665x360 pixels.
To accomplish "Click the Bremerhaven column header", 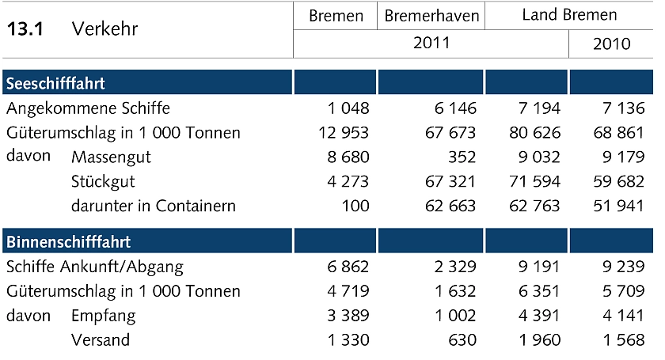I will (431, 16).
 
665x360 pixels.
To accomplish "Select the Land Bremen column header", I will (569, 16).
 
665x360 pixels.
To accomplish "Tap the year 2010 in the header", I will (611, 44).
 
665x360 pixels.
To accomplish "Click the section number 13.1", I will (25, 29).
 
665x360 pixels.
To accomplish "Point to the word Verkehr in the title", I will (104, 29).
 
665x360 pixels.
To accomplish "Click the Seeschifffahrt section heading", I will (55, 83).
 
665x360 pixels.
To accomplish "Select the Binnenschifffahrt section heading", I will (68, 241).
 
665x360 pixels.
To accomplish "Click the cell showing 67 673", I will (450, 132).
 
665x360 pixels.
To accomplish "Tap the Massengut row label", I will (111, 157).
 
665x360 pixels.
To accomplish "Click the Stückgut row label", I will (103, 181).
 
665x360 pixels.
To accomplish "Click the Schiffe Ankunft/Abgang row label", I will (94, 267).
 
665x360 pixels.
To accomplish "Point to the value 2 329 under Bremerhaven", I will (454, 267).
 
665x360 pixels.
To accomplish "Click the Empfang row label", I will (104, 316).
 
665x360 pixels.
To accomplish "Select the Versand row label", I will (101, 340).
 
